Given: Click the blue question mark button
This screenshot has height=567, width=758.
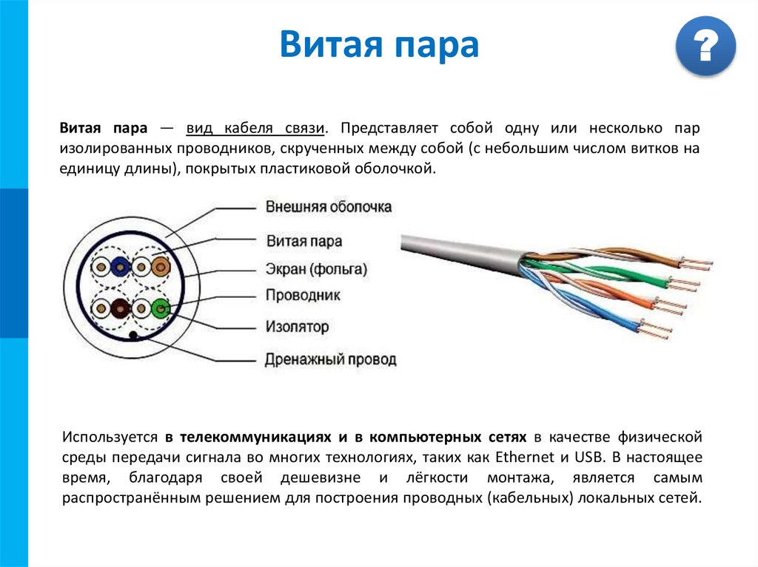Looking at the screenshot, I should (x=705, y=46).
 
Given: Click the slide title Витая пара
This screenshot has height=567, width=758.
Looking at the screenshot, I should (x=379, y=46).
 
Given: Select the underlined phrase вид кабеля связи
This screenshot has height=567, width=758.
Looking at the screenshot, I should (x=255, y=128).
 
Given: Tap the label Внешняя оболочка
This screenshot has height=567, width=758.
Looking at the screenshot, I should (x=329, y=207).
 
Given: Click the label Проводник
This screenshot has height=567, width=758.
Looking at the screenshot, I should (x=303, y=296).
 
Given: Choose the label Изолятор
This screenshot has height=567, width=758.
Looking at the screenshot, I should (x=297, y=326).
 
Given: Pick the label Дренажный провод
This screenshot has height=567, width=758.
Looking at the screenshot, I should (x=331, y=360).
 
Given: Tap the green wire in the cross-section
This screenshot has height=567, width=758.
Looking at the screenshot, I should (x=158, y=308).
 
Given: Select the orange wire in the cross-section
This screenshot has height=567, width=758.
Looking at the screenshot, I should (x=160, y=266).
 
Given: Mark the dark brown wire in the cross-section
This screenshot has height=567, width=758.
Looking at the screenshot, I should (x=118, y=308).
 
